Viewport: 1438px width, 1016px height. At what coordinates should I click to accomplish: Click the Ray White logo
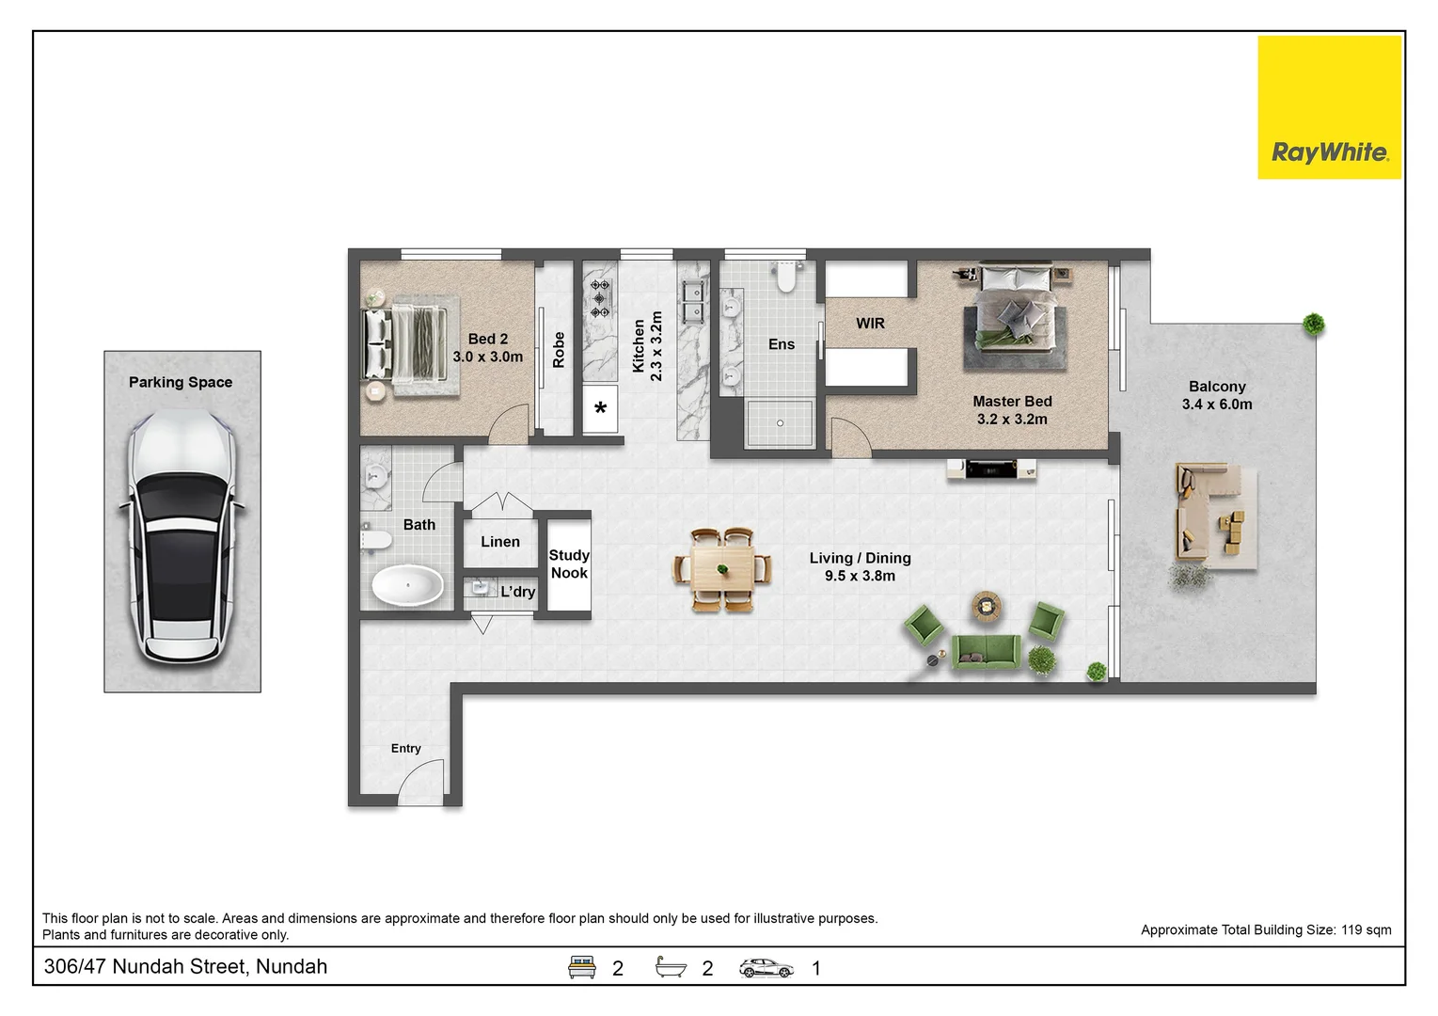pyautogui.click(x=1329, y=107)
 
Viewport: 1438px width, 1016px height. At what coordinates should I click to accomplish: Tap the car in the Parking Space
pyautogui.click(x=182, y=538)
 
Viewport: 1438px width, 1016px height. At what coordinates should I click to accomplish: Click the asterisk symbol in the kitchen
pyautogui.click(x=600, y=408)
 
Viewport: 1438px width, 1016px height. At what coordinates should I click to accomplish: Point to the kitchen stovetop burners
pyautogui.click(x=600, y=298)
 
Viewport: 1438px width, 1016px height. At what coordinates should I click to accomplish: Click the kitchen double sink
pyautogui.click(x=693, y=302)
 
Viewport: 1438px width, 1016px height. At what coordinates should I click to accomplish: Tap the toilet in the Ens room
pyautogui.click(x=786, y=277)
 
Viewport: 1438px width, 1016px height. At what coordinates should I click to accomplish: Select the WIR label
pyautogui.click(x=870, y=324)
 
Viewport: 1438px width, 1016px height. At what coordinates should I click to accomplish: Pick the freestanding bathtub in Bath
pyautogui.click(x=407, y=586)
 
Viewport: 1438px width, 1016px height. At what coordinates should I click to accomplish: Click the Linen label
pyautogui.click(x=500, y=542)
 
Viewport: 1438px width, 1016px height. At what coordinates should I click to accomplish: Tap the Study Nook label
pyautogui.click(x=569, y=564)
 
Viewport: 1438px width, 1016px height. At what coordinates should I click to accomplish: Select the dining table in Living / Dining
pyautogui.click(x=722, y=569)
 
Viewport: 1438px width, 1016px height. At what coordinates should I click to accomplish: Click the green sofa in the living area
pyautogui.click(x=986, y=651)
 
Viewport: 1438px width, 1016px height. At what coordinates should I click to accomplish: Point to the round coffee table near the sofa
pyautogui.click(x=986, y=606)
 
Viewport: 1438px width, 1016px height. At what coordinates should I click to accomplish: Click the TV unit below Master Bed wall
pyautogui.click(x=991, y=468)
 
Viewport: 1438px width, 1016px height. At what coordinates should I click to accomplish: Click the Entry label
pyautogui.click(x=405, y=748)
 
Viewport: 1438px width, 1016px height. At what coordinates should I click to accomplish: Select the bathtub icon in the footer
pyautogui.click(x=671, y=966)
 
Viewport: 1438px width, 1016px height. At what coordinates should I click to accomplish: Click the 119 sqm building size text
pyautogui.click(x=1367, y=930)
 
